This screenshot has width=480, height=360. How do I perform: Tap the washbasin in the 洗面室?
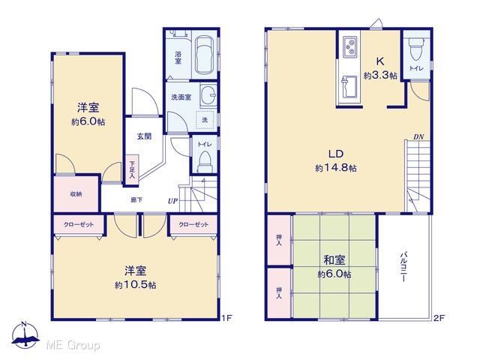click(x=208, y=95)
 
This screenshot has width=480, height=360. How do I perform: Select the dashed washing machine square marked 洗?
click(x=205, y=120)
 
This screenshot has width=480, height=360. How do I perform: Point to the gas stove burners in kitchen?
click(x=350, y=46)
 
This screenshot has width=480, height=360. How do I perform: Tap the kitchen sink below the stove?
click(x=349, y=87)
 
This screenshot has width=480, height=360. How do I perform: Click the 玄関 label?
click(x=144, y=136)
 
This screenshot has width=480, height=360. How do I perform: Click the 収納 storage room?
click(x=76, y=194)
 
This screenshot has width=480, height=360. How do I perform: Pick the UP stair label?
click(x=172, y=201)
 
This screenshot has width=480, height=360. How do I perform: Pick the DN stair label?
click(x=418, y=136)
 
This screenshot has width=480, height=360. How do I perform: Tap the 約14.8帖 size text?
click(x=336, y=168)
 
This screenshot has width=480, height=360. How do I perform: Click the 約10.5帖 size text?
click(x=135, y=285)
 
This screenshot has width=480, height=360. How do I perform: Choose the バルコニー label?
click(x=403, y=267)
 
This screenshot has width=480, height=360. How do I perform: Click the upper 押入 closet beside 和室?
click(x=279, y=240)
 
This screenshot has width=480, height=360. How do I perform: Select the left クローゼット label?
click(x=79, y=224)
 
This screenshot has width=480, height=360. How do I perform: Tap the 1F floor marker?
click(x=226, y=318)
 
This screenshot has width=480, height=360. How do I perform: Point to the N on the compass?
click(x=25, y=325)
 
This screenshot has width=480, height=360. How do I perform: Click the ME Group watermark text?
click(x=73, y=345)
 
